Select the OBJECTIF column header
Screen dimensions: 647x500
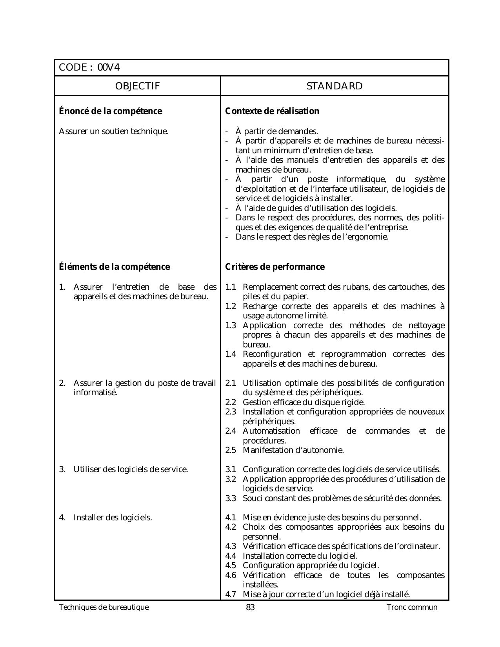click(137, 86)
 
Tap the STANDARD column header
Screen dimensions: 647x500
click(335, 86)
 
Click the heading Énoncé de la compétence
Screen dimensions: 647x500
click(110, 111)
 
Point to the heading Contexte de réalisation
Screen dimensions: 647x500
click(272, 111)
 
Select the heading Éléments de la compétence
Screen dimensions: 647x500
click(114, 267)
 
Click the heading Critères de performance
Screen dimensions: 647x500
click(275, 267)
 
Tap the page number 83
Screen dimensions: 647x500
click(250, 608)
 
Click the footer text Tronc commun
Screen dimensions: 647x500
click(412, 608)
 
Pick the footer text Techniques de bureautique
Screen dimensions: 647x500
click(104, 608)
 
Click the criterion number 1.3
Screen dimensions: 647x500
click(231, 325)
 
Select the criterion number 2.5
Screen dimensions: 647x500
click(231, 450)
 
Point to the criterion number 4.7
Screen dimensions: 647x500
click(231, 594)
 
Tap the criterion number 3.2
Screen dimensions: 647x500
click(231, 479)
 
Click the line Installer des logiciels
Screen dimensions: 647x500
click(113, 518)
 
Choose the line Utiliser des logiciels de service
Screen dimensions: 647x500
click(131, 469)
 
